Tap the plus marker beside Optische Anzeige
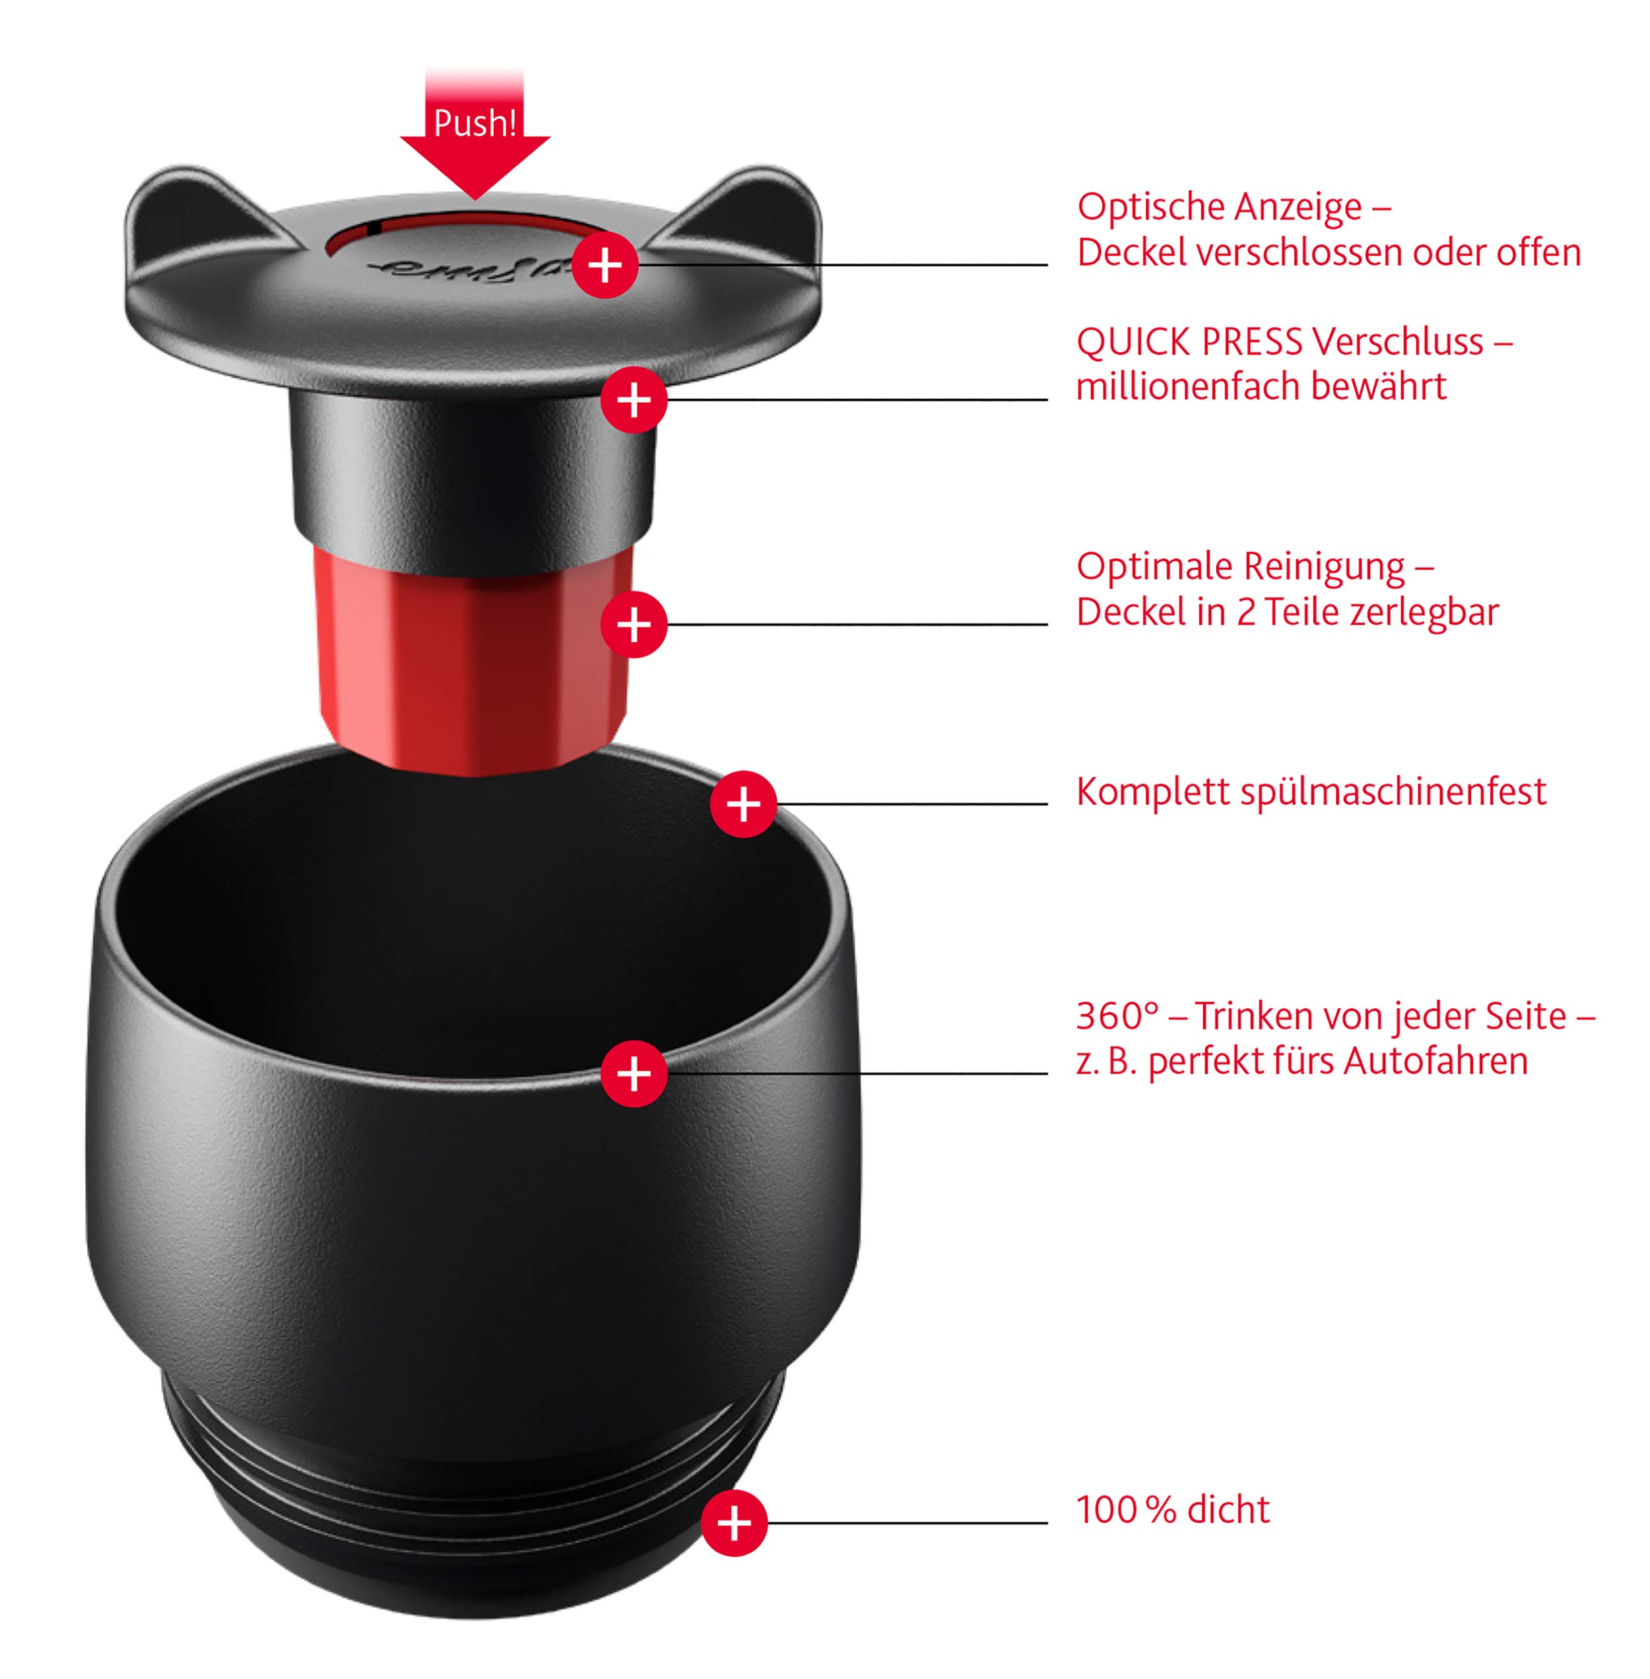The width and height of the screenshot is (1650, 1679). [605, 265]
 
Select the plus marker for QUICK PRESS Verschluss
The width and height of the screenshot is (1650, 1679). [634, 399]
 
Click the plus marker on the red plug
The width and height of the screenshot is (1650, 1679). [634, 624]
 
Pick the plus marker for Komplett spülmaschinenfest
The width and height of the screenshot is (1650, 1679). [742, 804]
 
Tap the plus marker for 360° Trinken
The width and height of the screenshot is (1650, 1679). [634, 1073]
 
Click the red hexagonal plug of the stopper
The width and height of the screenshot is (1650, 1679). [473, 659]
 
